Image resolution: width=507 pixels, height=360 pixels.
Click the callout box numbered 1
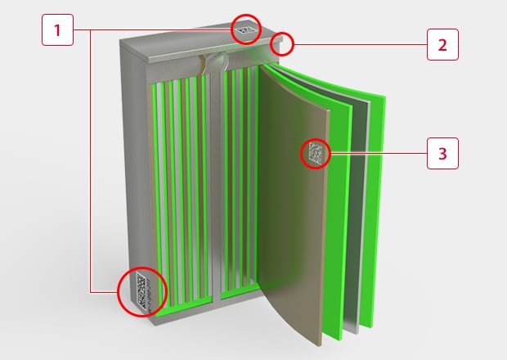57,29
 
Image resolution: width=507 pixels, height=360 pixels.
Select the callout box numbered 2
442,45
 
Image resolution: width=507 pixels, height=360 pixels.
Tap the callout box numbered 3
442,153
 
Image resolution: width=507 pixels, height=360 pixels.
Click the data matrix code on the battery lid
244,29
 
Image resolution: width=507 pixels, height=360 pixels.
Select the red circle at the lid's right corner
282,44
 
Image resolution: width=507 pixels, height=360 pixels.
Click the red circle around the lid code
246,29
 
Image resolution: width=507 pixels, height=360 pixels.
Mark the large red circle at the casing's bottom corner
142,292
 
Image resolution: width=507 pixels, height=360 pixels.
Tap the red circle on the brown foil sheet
316,155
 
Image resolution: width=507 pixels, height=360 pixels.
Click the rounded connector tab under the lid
218,61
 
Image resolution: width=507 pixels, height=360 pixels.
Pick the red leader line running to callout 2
360,45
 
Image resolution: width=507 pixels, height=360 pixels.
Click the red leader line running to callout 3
379,153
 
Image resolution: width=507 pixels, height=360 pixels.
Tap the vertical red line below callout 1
91,161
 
